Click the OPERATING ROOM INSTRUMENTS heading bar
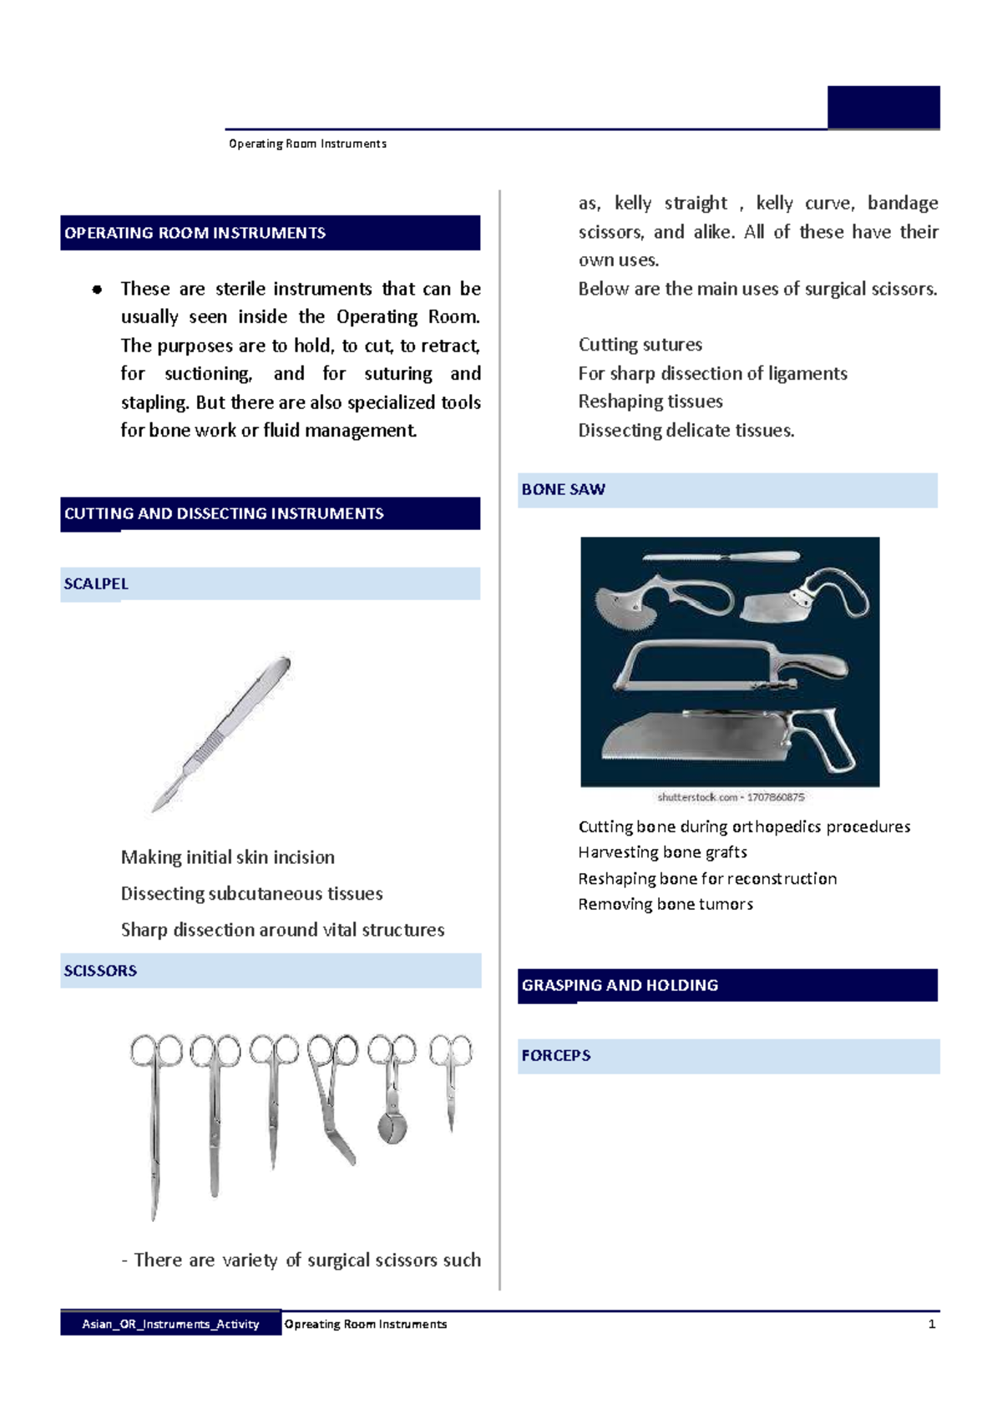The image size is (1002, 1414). (270, 233)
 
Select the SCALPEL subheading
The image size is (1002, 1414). (270, 583)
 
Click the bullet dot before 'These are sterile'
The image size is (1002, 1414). (97, 290)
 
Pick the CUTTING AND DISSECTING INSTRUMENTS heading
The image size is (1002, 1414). (270, 513)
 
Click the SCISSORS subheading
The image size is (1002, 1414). (270, 971)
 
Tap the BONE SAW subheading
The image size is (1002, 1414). (726, 490)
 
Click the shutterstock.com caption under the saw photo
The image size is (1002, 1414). (731, 797)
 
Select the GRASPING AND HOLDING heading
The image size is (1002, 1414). (726, 985)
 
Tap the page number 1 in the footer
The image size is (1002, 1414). (931, 1324)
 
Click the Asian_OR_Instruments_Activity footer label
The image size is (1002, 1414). (170, 1324)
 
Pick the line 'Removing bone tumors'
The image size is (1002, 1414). (665, 904)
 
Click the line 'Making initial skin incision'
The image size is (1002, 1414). (228, 857)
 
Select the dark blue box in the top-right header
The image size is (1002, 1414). (883, 107)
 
